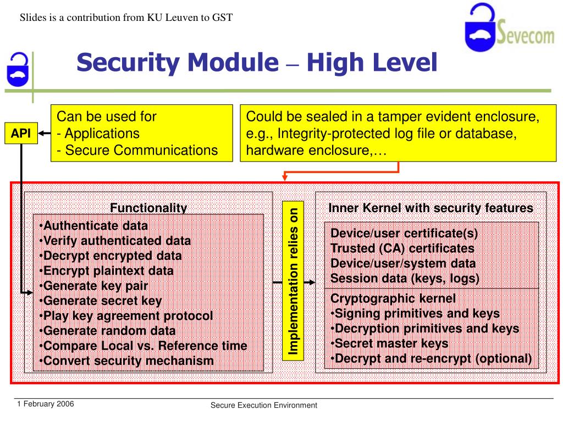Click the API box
coord(22,134)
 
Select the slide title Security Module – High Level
coord(256,63)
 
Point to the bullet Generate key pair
coord(95,286)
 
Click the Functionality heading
coord(148,208)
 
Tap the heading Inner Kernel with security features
coord(430,208)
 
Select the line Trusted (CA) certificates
coord(402,248)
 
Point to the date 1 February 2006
coord(46,404)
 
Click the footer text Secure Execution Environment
coord(264,406)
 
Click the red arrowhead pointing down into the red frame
coord(285,176)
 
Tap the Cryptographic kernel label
coord(393,299)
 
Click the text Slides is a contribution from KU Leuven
coord(126,18)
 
